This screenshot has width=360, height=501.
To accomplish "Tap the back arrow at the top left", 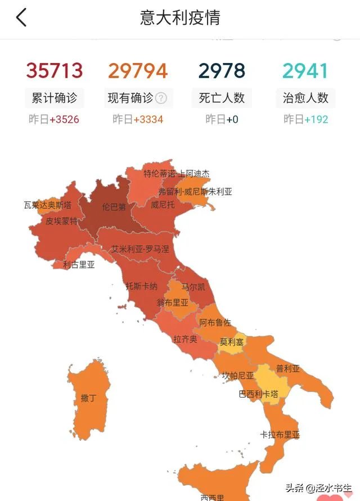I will pyautogui.click(x=21, y=17).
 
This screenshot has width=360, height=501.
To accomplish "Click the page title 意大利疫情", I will pyautogui.click(x=180, y=17).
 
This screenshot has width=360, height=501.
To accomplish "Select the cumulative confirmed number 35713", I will pyautogui.click(x=55, y=71).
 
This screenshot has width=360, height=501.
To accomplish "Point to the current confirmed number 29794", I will pyautogui.click(x=138, y=71).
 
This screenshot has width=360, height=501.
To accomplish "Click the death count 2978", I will pyautogui.click(x=222, y=71).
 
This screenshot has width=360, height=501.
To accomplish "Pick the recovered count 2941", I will pyautogui.click(x=305, y=71).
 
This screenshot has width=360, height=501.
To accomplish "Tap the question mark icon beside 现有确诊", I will pyautogui.click(x=161, y=98).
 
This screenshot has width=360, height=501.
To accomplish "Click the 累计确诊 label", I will pyautogui.click(x=55, y=98).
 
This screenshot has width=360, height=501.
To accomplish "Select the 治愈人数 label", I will pyautogui.click(x=305, y=98).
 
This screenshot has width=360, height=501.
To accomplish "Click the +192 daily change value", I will pyautogui.click(x=316, y=119).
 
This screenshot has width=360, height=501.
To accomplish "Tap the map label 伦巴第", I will pyautogui.click(x=114, y=207).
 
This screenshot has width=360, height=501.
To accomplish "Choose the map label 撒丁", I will pyautogui.click(x=88, y=399).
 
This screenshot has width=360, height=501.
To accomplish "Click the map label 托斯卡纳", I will pyautogui.click(x=141, y=286).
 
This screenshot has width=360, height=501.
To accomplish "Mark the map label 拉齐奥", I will pyautogui.click(x=185, y=339).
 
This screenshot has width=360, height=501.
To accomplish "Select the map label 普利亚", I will pyautogui.click(x=288, y=369).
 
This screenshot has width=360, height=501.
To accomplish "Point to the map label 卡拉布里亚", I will pyautogui.click(x=280, y=435).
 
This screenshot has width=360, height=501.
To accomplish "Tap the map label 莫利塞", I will pyautogui.click(x=232, y=342).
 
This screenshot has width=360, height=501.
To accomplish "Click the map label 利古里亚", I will pyautogui.click(x=79, y=264).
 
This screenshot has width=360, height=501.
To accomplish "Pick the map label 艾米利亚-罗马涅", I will pyautogui.click(x=139, y=249).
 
